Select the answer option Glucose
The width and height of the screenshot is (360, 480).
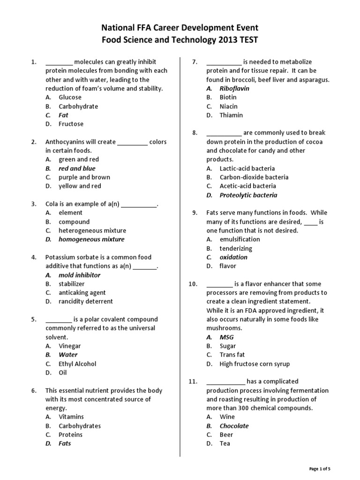pos(70,97)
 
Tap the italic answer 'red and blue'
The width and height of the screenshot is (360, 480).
pos(77,168)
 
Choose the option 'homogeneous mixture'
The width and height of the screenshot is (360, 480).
pos(91,240)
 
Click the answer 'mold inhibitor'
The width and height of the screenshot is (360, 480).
pos(79,275)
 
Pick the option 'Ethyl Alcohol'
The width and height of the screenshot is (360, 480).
pos(77,364)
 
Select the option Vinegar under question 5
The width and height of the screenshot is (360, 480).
pos(70,346)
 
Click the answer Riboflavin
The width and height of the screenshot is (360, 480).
pos(234,89)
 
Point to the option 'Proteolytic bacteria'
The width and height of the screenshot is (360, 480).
pos(248,195)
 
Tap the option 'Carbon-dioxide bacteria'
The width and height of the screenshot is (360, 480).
pos(254,177)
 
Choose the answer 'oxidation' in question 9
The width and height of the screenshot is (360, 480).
pos(233,257)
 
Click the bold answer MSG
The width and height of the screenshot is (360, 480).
pos(226,337)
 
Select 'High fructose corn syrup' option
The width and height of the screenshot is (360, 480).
pos(255,364)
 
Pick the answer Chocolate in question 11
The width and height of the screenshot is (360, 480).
pos(234,426)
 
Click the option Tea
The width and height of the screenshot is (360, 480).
pos(225,443)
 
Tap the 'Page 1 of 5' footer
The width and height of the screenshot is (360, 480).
pos(323,469)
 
